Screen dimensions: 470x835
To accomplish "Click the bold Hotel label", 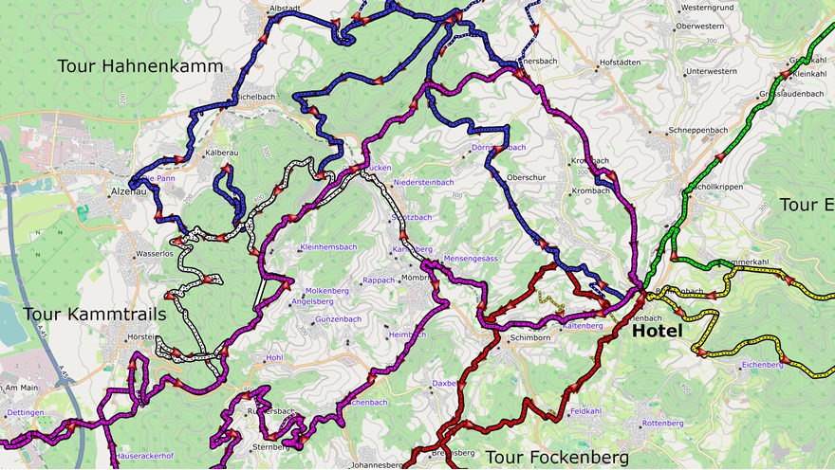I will (657, 332).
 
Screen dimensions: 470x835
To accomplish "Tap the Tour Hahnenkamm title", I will (139, 66).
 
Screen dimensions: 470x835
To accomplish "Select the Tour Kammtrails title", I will (94, 314).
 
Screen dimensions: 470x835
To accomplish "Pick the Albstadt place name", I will (285, 9).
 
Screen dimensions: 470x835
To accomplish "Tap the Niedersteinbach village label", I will (423, 182).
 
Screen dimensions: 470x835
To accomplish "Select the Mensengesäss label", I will (471, 258).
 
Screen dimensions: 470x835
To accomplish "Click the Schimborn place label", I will (529, 337).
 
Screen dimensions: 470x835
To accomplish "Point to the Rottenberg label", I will (662, 423).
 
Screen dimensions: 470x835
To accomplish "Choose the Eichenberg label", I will (762, 364).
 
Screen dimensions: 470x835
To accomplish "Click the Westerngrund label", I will (707, 9).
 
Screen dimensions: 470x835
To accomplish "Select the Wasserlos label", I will (154, 254).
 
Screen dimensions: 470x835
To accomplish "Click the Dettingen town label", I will (26, 413).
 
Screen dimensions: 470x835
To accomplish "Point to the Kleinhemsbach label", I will (327, 247).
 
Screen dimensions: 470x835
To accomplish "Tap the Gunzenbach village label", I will (338, 319).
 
